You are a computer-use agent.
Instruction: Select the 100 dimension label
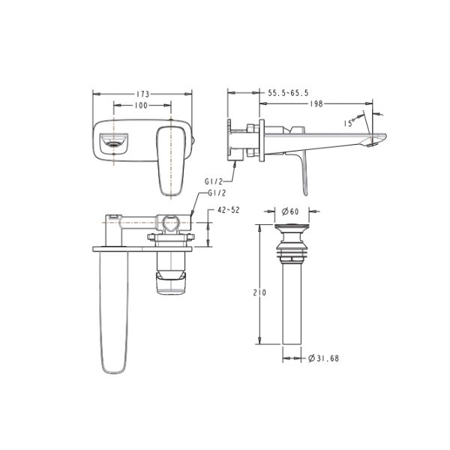140,106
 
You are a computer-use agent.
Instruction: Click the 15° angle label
349,122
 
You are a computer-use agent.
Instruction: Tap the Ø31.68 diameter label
323,358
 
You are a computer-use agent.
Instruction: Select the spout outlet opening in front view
114,139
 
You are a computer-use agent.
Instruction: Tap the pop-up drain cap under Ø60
290,228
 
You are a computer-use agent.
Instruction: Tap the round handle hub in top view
172,223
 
